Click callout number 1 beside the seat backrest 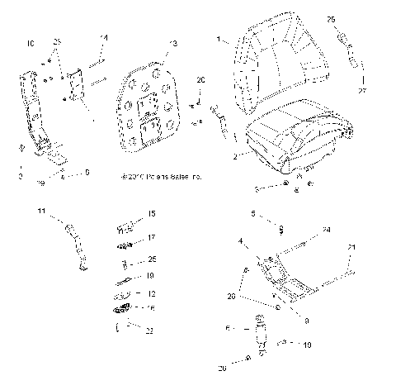219,40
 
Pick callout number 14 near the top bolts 104,38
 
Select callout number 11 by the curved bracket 40,213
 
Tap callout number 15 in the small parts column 151,214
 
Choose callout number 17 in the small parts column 151,237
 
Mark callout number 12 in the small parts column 151,293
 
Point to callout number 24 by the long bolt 326,229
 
